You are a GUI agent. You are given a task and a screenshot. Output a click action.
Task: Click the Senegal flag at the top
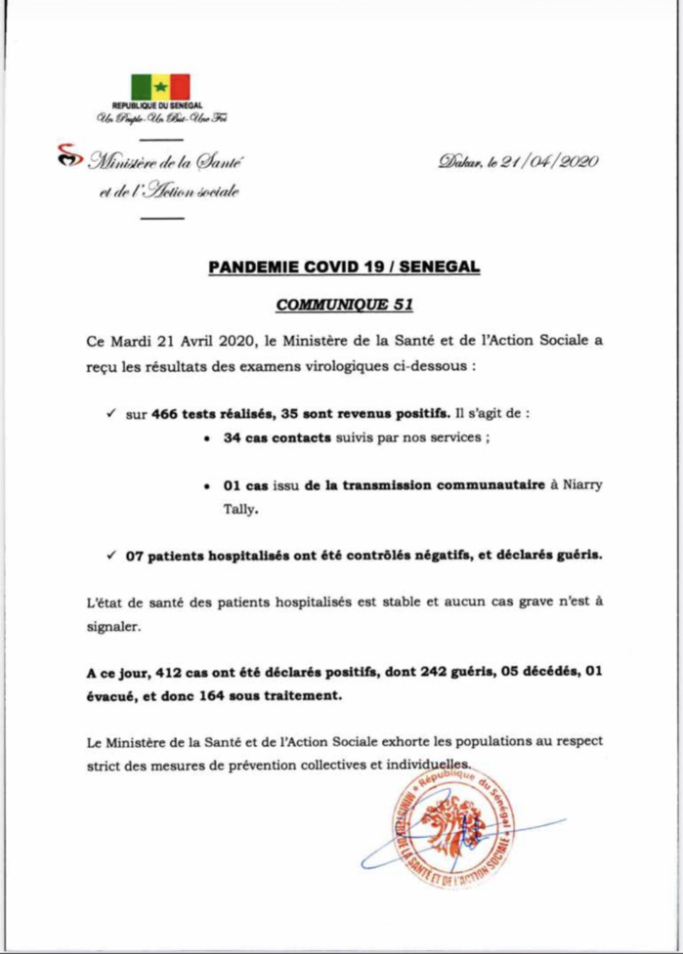pos(161,87)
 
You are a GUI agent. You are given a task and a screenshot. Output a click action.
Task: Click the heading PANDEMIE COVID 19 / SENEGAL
pos(343,267)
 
